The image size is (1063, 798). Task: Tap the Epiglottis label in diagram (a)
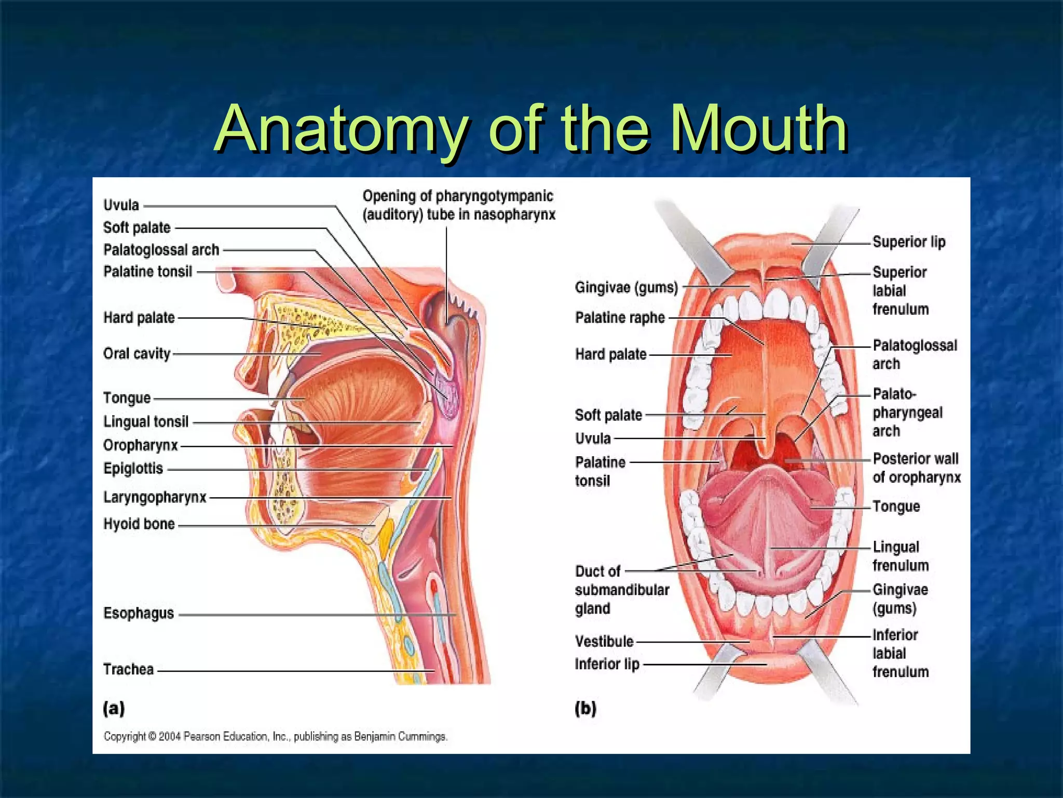point(133,469)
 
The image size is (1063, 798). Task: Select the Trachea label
point(128,669)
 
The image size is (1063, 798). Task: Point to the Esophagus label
point(139,613)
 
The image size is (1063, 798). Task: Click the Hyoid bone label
point(139,524)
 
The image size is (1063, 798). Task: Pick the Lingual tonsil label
point(146,421)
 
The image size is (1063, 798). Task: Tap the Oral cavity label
point(137,353)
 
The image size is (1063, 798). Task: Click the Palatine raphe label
point(620,317)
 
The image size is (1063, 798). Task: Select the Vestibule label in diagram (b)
point(604,642)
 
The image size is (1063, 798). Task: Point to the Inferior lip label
point(607,664)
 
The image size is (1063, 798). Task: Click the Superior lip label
point(909,242)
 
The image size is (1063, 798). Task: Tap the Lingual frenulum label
point(900,556)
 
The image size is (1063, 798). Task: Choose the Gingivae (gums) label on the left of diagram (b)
point(626,287)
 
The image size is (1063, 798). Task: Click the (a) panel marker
point(114,708)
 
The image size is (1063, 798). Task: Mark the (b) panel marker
point(585,708)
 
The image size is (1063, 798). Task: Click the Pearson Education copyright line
point(275,736)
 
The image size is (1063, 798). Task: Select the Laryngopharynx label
point(155,497)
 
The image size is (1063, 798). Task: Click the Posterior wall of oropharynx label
point(916,468)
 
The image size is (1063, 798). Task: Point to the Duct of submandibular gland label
point(621,590)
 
